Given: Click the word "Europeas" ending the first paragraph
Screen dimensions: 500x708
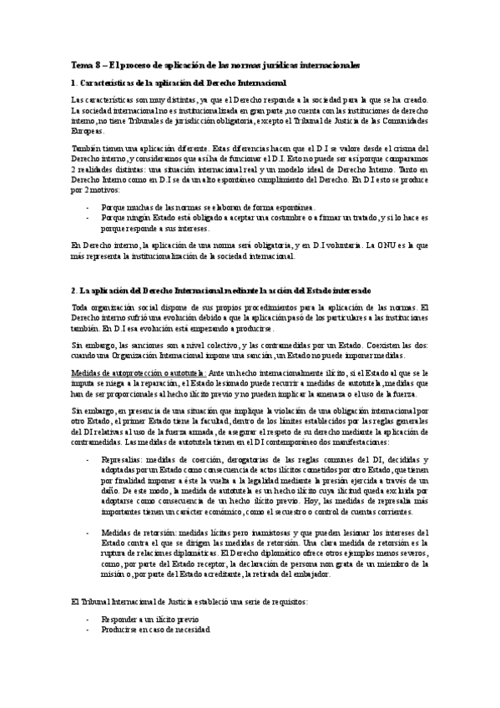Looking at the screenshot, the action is tap(88, 130).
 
